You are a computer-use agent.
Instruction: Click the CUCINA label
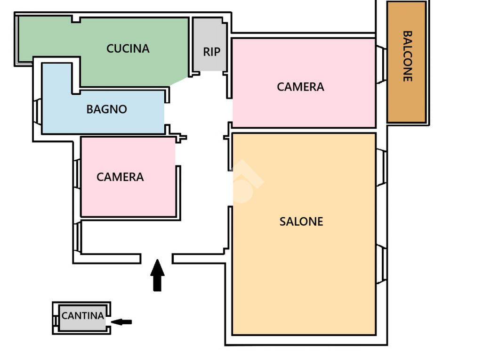[128, 49]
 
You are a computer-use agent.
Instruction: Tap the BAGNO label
[107, 109]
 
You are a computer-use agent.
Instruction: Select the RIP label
[212, 52]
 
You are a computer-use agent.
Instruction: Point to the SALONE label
[301, 222]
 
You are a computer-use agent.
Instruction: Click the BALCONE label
[407, 56]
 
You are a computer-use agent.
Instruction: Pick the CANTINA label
[83, 315]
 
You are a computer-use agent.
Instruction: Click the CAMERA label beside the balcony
[300, 87]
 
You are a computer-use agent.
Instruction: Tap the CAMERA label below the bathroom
[120, 177]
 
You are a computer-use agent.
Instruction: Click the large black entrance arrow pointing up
[157, 275]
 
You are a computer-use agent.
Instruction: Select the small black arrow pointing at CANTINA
[121, 322]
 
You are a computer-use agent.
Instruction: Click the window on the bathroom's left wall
[37, 111]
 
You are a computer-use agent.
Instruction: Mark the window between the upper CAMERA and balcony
[381, 65]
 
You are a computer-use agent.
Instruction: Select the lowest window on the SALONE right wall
[381, 264]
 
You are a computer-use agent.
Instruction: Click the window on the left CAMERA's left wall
[78, 173]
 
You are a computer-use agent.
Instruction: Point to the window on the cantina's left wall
[56, 321]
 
